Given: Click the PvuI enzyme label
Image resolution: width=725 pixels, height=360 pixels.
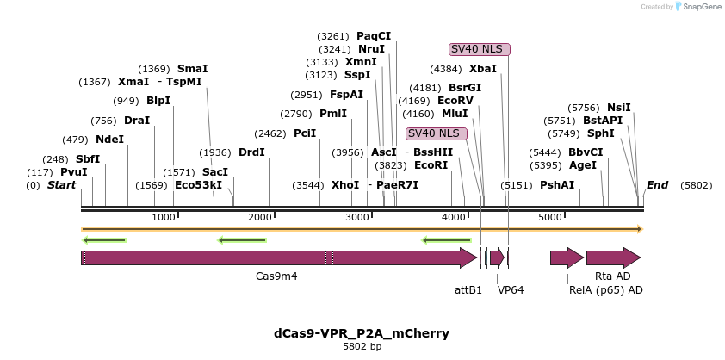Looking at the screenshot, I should (73, 172).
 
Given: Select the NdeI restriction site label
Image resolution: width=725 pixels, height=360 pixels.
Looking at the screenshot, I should (109, 140).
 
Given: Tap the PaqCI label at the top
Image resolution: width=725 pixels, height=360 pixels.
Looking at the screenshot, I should (373, 36).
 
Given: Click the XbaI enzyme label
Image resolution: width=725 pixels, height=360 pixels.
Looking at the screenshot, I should (482, 69).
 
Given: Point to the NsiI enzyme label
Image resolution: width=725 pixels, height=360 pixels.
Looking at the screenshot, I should (618, 108).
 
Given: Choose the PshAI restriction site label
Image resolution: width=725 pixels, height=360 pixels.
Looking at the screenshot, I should (556, 185).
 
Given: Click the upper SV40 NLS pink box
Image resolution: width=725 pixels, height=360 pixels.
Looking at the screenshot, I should (480, 49).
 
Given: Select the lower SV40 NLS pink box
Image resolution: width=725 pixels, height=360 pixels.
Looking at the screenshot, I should (437, 133).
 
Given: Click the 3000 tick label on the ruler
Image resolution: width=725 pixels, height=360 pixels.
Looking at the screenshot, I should (357, 217).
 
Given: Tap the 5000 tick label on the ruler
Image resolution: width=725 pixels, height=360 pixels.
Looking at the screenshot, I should (550, 217).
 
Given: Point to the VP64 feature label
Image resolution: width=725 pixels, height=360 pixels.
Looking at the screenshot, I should (511, 290).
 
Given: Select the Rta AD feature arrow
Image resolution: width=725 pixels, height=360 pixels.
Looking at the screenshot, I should (613, 258).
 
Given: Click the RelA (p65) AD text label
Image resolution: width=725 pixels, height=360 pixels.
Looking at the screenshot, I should (606, 290).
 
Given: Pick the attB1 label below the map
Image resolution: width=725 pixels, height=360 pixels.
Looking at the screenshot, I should (468, 290).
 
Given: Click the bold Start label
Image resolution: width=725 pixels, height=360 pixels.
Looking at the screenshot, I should (61, 185).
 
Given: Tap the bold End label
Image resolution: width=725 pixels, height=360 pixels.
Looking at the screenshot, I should (657, 185).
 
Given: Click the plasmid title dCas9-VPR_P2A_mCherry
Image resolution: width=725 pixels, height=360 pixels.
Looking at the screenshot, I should (362, 333).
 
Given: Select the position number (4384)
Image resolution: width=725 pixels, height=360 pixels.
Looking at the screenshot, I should (447, 69).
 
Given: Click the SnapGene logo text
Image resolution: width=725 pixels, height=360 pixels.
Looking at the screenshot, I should (701, 7).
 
